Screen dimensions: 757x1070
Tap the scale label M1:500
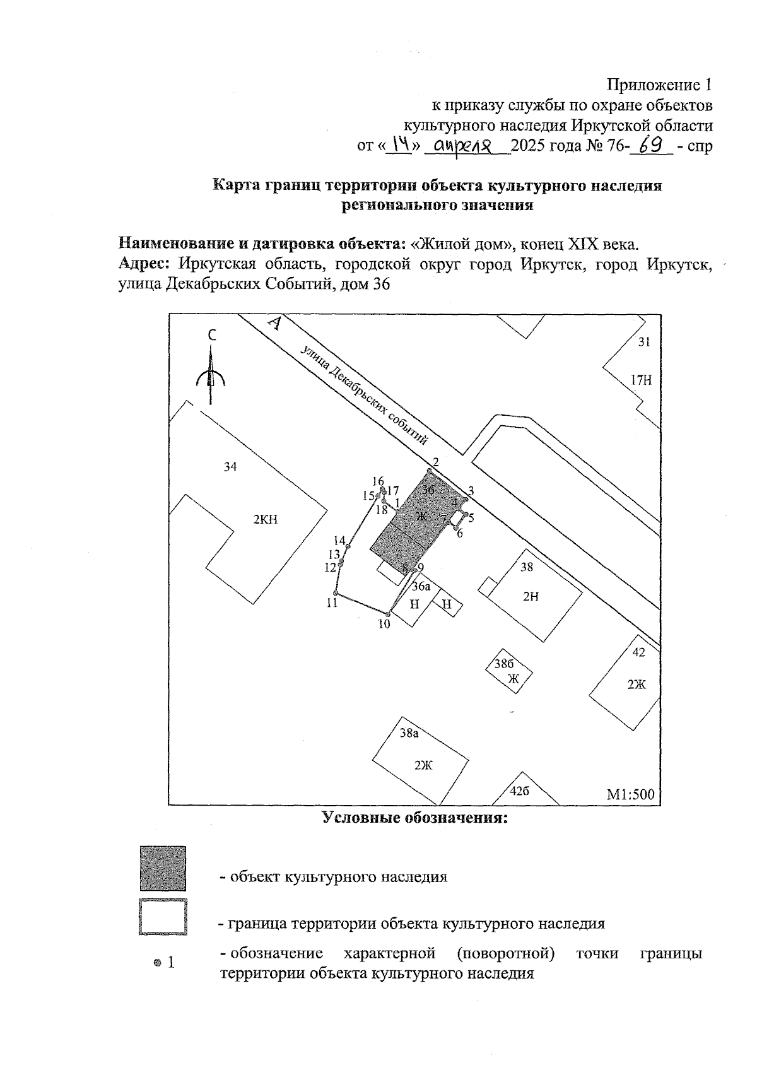[630, 794]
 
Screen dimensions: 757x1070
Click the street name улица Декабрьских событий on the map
[365, 396]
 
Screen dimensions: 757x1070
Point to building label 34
[230, 467]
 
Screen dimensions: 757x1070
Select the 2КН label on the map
[266, 520]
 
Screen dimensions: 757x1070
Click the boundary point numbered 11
[336, 594]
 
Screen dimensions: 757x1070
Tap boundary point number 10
[390, 613]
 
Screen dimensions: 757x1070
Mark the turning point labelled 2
[430, 471]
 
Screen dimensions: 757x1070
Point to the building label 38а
[409, 733]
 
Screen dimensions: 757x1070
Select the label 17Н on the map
[640, 380]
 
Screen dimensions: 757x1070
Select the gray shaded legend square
[163, 869]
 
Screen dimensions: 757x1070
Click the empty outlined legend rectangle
[163, 917]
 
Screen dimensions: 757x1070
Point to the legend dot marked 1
[157, 963]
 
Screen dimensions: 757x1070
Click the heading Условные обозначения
[415, 818]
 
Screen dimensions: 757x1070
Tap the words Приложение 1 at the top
[659, 85]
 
